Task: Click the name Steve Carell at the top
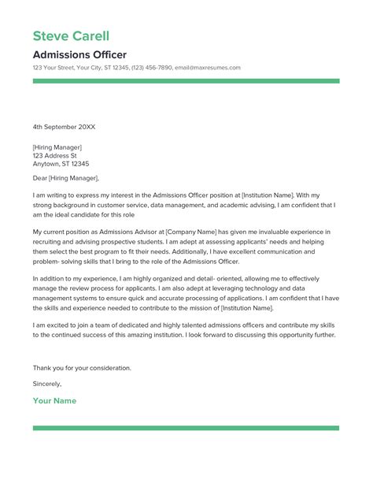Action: [71, 36]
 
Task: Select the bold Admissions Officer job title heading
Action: [79, 54]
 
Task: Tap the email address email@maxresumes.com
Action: [208, 68]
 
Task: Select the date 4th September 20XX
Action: [65, 126]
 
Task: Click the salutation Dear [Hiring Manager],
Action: [70, 178]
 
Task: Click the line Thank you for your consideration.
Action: [82, 368]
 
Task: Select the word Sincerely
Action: [47, 384]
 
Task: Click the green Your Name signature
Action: [54, 401]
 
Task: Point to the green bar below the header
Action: [186, 80]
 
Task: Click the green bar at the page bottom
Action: [186, 428]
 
